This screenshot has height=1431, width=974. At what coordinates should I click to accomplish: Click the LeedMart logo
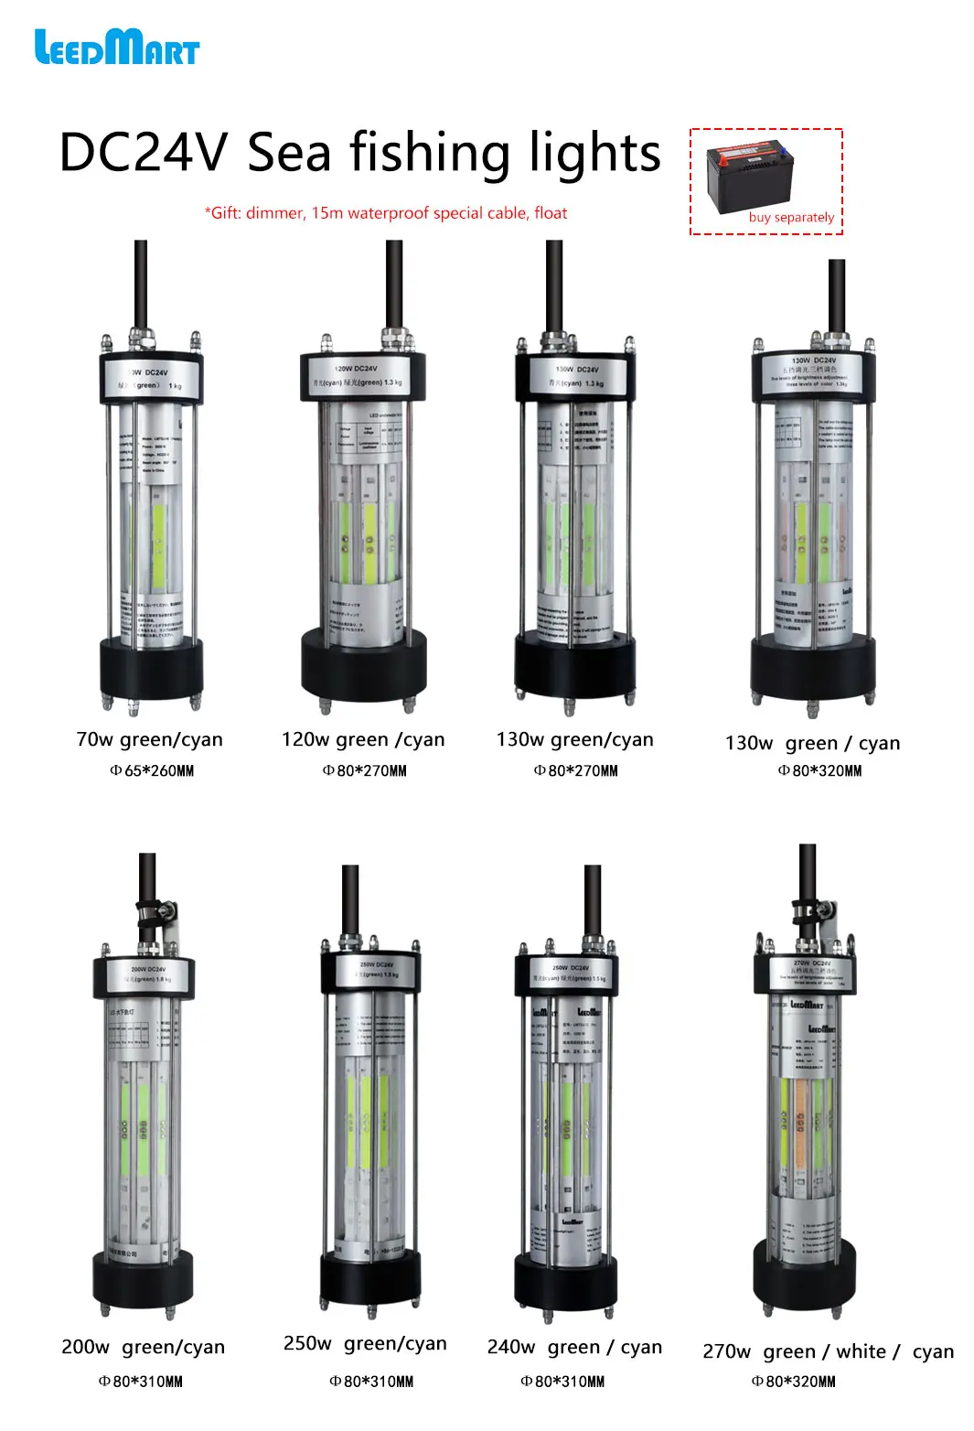click(116, 48)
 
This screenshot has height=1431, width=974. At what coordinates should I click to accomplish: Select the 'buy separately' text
click(791, 218)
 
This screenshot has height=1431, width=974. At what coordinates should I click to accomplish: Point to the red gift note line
click(385, 213)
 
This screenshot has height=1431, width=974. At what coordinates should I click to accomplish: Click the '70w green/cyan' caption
click(149, 739)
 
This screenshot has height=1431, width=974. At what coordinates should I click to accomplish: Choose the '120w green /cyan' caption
click(363, 739)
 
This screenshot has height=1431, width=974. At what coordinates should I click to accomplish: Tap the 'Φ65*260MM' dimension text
click(152, 770)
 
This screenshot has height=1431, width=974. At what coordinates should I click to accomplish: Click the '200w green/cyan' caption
click(143, 1347)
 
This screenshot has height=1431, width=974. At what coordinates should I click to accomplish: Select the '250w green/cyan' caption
click(365, 1343)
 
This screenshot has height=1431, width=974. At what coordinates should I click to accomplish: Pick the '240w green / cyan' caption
click(574, 1347)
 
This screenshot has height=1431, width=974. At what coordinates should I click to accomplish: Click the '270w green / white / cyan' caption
click(828, 1351)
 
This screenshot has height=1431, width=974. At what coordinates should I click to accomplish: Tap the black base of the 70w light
click(151, 669)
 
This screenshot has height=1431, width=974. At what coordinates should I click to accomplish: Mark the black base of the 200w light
click(143, 1278)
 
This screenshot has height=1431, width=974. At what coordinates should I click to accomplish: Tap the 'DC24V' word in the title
click(142, 153)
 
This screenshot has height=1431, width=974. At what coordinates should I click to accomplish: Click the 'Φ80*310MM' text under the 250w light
click(371, 1382)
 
